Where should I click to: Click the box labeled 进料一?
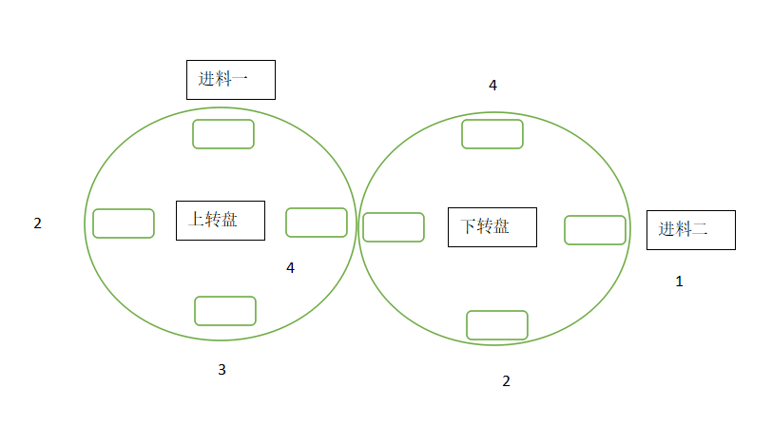click(x=230, y=80)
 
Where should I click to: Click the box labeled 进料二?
click(x=690, y=230)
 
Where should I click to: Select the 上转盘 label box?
click(x=220, y=220)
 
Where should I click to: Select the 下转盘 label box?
click(x=492, y=226)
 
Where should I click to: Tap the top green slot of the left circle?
click(x=223, y=134)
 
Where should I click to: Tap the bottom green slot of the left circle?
click(x=225, y=311)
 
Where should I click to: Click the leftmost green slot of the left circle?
click(x=124, y=223)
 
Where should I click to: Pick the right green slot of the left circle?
click(x=317, y=223)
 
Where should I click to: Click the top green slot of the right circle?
click(x=492, y=134)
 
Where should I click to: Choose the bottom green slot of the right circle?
click(x=496, y=325)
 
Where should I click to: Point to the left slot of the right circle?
click(x=394, y=227)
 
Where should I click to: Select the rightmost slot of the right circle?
click(x=595, y=230)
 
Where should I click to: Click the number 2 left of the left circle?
click(x=38, y=223)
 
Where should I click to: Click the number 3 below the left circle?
click(x=222, y=370)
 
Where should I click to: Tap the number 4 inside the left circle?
click(x=290, y=268)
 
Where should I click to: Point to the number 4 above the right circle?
click(x=492, y=86)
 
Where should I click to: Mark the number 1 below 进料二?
click(x=679, y=281)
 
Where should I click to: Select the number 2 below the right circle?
click(x=506, y=381)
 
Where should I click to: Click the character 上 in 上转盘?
click(x=196, y=220)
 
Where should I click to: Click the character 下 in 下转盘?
click(x=468, y=226)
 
